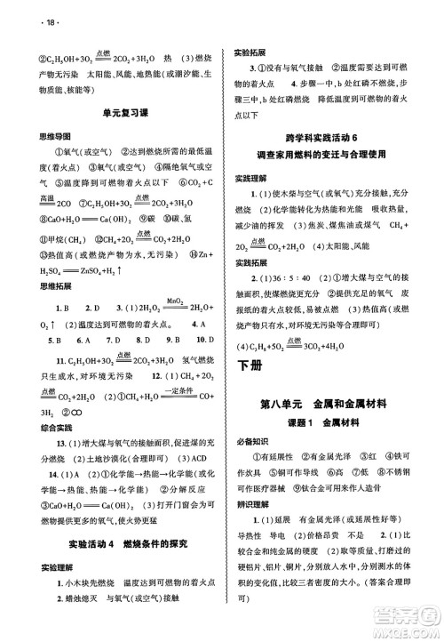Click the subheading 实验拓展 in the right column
[x=252, y=52]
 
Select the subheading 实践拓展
[x=252, y=264]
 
